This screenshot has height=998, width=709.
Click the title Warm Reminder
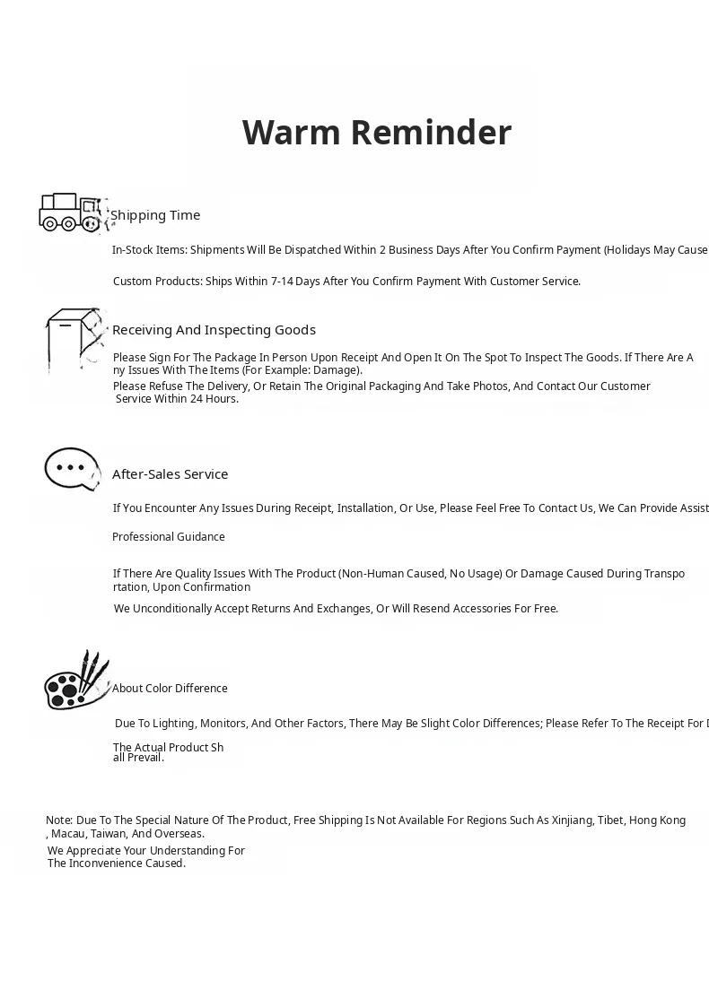[377, 132]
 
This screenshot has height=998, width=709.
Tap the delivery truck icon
[71, 213]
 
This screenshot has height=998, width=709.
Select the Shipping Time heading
[155, 215]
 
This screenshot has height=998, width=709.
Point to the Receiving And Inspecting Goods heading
[214, 330]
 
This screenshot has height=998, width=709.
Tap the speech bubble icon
[72, 469]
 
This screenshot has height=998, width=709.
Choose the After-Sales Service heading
[170, 474]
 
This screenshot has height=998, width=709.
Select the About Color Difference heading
[170, 689]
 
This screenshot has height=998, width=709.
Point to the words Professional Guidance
[169, 537]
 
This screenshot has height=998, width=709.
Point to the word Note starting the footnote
[58, 820]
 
